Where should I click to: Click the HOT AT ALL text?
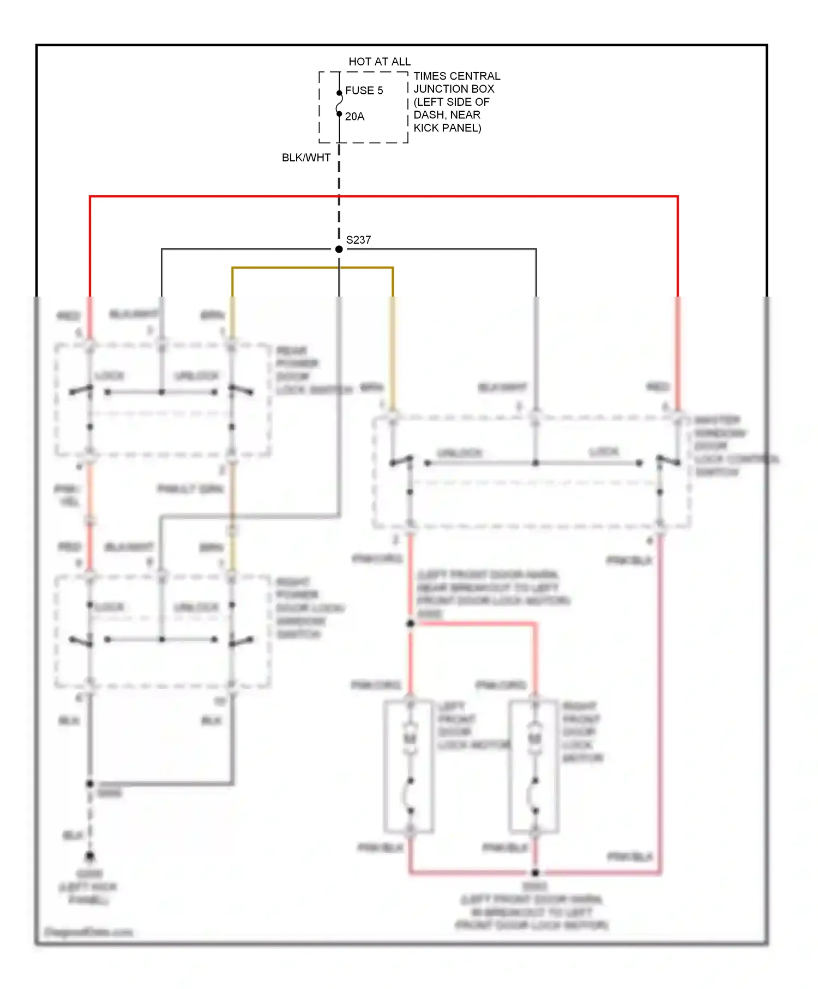(x=379, y=62)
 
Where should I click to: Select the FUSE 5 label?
(x=364, y=91)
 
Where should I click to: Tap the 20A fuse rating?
(x=354, y=117)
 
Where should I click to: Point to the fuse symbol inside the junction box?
(x=339, y=104)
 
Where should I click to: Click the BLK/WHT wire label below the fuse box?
(x=306, y=158)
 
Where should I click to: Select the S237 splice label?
(x=358, y=240)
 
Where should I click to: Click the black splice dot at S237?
(x=339, y=249)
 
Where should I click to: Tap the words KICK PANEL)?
(x=447, y=128)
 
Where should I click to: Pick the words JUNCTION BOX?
(x=454, y=89)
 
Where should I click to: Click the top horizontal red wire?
(x=382, y=196)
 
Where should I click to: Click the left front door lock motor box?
(x=409, y=766)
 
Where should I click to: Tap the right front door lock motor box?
(x=534, y=766)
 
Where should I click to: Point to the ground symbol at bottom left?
(x=90, y=856)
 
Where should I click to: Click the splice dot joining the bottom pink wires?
(x=536, y=872)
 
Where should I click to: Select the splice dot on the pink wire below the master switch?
(x=411, y=623)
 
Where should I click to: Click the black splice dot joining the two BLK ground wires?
(x=90, y=783)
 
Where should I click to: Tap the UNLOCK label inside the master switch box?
(x=460, y=453)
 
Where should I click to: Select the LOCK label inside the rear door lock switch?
(x=110, y=376)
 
